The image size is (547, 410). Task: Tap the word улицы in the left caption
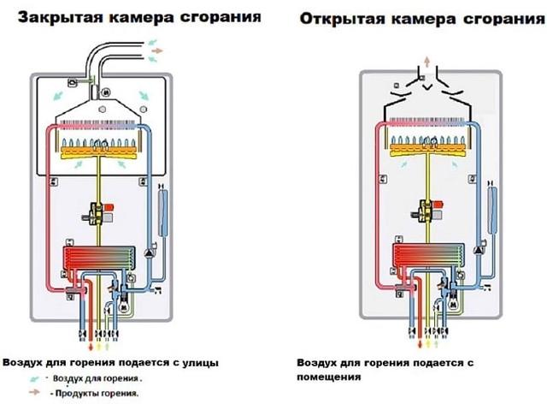(x=201, y=363)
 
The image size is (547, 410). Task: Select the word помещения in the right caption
(x=328, y=377)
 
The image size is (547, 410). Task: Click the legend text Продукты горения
(x=97, y=393)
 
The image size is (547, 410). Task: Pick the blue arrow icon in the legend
(x=34, y=378)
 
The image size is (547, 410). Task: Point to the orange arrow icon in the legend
(x=34, y=392)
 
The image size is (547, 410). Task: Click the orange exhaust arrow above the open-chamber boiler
(x=426, y=62)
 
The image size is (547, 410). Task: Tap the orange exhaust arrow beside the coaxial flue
(x=157, y=51)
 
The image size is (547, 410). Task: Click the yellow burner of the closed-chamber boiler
(x=99, y=152)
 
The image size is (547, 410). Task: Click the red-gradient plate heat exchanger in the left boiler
(x=99, y=258)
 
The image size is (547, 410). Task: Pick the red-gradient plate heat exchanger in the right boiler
(x=429, y=256)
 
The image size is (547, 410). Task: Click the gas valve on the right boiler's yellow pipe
(x=427, y=211)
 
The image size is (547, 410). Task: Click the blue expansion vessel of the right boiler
(x=492, y=211)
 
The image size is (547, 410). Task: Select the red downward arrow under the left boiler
(x=91, y=348)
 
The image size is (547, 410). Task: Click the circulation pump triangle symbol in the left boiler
(x=150, y=253)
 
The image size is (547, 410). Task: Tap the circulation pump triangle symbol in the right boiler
(x=479, y=250)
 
